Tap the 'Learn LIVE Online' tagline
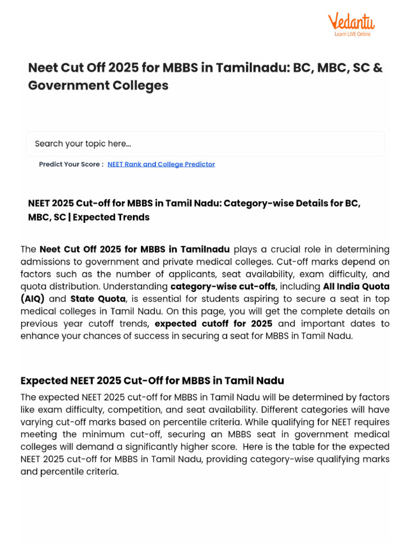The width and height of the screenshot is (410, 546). (352, 34)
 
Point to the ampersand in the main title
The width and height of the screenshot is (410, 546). (378, 68)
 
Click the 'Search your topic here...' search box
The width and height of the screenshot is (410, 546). (205, 144)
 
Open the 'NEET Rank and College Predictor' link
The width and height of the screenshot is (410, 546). (161, 164)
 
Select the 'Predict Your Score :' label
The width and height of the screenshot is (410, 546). (71, 164)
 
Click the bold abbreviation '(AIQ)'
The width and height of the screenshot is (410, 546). (33, 299)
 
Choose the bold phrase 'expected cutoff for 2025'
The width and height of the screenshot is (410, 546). (213, 324)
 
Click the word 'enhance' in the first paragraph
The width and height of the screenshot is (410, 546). (37, 336)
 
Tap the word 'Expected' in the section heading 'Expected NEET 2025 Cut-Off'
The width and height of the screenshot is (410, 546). (44, 381)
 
